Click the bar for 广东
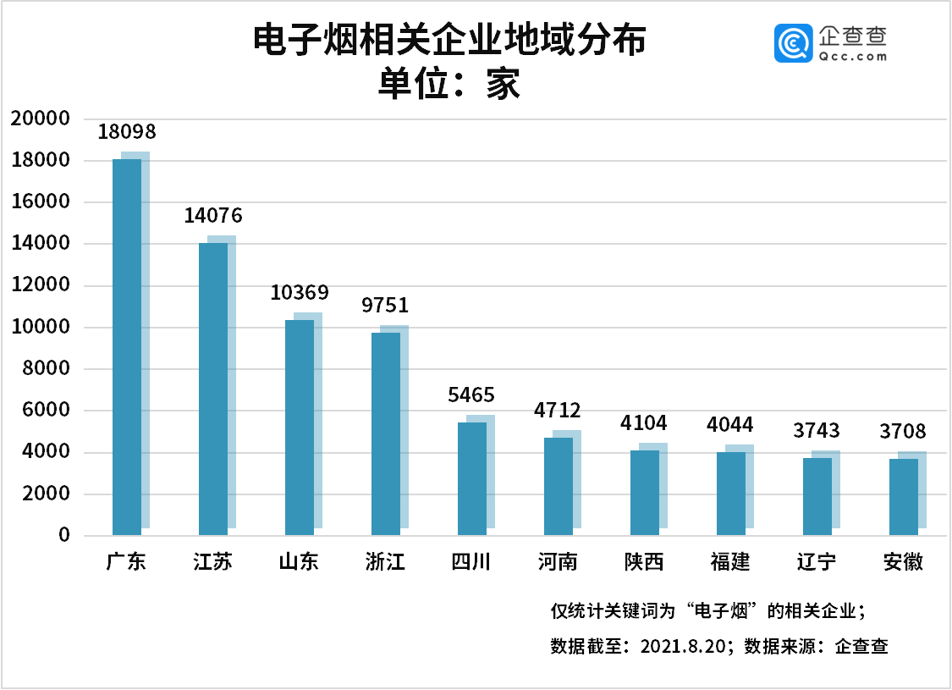pos(127,347)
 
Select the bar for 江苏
pos(213,389)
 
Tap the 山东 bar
pos(300,428)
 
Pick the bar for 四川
pos(471,478)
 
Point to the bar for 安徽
pos(904,497)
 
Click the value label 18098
pos(127,131)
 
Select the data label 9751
pos(385,305)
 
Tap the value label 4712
pos(558,411)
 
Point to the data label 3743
pos(817,431)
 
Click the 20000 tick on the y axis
pos(41,118)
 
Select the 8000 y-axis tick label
pos(47,368)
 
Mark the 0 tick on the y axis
pos(64,535)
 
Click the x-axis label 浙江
pos(385,562)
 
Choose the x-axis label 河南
pos(558,562)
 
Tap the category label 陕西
pos(644,562)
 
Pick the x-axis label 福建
pos(730,562)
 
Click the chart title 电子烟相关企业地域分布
pos(450,40)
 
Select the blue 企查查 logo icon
pos(793,43)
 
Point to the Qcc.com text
pos(852,57)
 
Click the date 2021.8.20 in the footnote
pos(683,646)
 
